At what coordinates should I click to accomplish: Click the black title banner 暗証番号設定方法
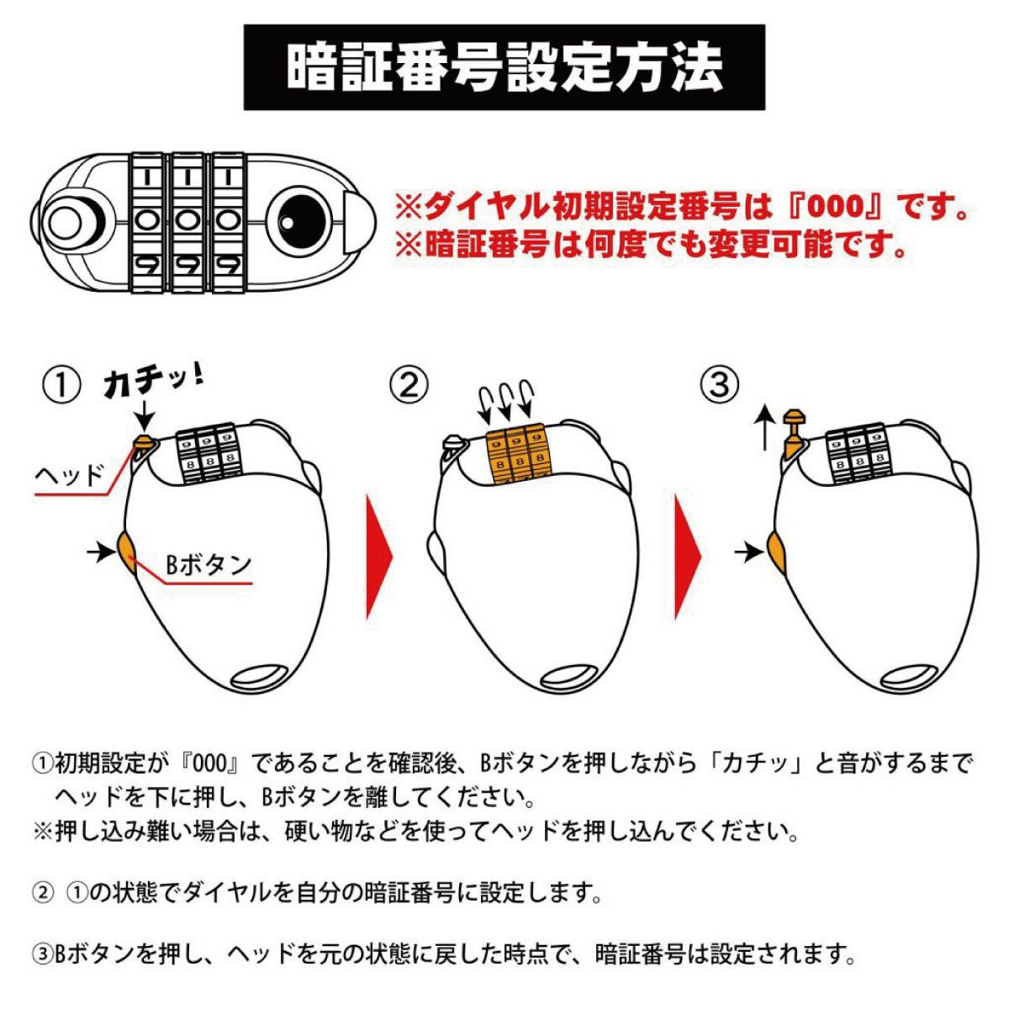pyautogui.click(x=504, y=67)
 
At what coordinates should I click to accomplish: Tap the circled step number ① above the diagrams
pyautogui.click(x=61, y=386)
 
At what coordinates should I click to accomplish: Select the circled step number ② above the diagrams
pyautogui.click(x=409, y=386)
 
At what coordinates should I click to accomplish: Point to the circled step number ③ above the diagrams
pyautogui.click(x=720, y=386)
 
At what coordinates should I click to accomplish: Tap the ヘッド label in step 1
pyautogui.click(x=69, y=476)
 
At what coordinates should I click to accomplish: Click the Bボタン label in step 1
pyautogui.click(x=208, y=564)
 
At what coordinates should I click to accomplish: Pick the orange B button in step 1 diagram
pyautogui.click(x=127, y=553)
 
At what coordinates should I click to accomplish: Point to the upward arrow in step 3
pyautogui.click(x=765, y=427)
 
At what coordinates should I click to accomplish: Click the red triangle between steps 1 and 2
pyautogui.click(x=378, y=557)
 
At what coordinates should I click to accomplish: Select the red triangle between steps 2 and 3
pyautogui.click(x=688, y=557)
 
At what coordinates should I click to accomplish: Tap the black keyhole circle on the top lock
pyautogui.click(x=299, y=220)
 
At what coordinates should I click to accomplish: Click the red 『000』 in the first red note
pyautogui.click(x=844, y=208)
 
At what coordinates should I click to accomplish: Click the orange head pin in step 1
pyautogui.click(x=143, y=442)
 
